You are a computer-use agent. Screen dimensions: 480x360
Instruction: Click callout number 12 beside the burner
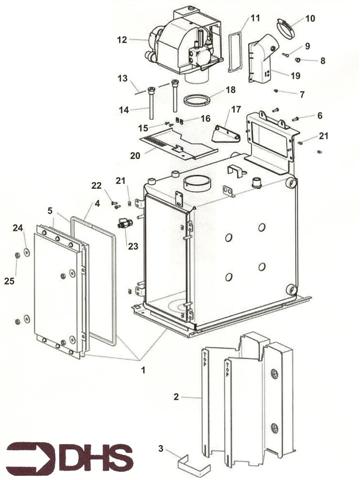pos(121,41)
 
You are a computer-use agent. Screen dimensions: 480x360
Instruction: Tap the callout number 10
pos(309,18)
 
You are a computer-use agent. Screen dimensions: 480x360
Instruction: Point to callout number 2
pos(176,397)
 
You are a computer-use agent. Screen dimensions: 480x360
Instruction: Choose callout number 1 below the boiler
pos(142,370)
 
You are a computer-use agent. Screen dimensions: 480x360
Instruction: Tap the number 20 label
pos(135,154)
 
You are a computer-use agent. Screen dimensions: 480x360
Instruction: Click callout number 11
pos(255,18)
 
